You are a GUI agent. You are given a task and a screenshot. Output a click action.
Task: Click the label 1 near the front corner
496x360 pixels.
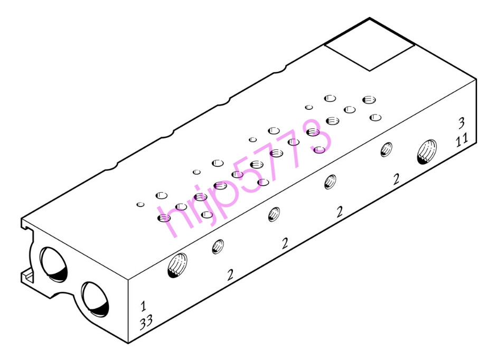(143, 306)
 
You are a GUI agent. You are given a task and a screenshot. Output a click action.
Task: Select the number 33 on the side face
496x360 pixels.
(146, 323)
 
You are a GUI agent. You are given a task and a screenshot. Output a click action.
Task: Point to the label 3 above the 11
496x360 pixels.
(462, 123)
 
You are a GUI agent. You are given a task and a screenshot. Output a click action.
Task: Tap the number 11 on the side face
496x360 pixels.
(462, 139)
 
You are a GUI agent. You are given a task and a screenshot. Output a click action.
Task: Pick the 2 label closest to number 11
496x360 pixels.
(396, 179)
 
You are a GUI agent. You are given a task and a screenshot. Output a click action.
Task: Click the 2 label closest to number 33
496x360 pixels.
(230, 274)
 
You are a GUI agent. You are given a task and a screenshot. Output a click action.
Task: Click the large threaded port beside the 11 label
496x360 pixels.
(427, 151)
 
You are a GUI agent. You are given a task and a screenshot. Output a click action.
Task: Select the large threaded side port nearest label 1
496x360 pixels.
(177, 265)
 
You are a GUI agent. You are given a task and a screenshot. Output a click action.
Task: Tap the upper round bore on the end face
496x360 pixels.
(54, 264)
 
